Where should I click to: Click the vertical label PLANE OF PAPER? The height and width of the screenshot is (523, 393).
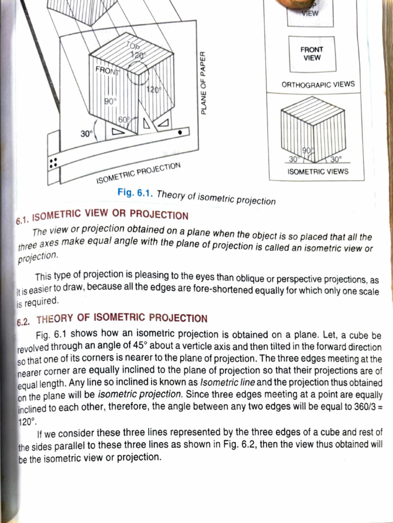point(203,83)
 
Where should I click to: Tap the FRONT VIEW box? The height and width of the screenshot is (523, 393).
point(312,54)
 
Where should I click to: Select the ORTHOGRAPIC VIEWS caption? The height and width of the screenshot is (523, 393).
point(318,84)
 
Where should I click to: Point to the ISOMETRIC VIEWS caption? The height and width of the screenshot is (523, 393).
point(318,172)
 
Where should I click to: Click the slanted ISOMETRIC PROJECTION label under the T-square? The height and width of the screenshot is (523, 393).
point(138,173)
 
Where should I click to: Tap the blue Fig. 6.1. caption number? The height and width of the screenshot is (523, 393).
point(135,193)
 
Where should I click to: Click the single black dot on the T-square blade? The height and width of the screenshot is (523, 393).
point(180,132)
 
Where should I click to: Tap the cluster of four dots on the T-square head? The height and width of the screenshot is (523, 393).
point(53,162)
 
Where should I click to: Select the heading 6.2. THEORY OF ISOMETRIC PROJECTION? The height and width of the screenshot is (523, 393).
point(112,319)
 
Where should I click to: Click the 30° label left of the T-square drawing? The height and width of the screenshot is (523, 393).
point(86,134)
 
